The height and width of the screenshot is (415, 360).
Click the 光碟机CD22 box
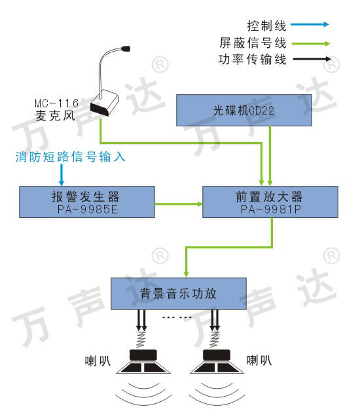[x=244, y=110]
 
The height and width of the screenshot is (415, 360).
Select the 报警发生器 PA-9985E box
[x=87, y=202]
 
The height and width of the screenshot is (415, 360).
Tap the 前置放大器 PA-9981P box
[x=270, y=202]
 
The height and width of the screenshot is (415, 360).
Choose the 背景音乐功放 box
[x=179, y=293]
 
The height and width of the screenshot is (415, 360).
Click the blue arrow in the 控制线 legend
[x=310, y=24]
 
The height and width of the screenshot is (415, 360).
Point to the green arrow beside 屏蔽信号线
[x=311, y=44]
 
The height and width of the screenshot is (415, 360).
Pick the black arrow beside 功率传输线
[x=312, y=59]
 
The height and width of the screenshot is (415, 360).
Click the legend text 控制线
[x=267, y=26]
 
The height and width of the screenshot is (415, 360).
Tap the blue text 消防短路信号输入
[x=70, y=156]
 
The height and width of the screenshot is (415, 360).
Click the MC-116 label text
[x=57, y=103]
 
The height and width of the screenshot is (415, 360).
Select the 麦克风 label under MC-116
[x=56, y=116]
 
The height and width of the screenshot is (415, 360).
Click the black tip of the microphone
[x=126, y=48]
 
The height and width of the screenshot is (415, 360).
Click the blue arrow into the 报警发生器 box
[x=62, y=175]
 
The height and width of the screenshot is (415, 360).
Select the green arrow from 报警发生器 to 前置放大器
[x=179, y=204]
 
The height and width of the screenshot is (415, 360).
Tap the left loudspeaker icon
[x=143, y=361]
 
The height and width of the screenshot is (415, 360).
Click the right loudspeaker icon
[x=217, y=361]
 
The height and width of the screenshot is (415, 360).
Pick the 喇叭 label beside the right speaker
[x=259, y=361]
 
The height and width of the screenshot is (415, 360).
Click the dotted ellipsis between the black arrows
[x=177, y=317]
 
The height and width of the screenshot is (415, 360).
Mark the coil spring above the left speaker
[x=141, y=339]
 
